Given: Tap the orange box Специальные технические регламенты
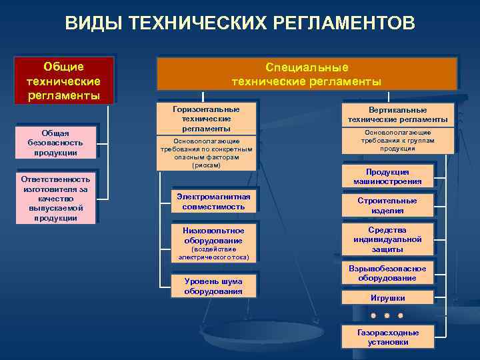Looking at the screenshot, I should click(x=307, y=74).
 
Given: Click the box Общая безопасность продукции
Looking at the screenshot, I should click(x=55, y=143).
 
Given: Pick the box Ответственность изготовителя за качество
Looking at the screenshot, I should click(x=55, y=199).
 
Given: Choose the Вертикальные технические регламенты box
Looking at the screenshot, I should click(x=397, y=114).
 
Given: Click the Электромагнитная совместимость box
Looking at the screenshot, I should click(x=213, y=201).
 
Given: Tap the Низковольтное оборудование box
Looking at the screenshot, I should click(x=213, y=235).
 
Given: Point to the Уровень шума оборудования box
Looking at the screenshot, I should click(x=213, y=285).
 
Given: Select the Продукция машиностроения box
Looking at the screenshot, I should click(x=387, y=177).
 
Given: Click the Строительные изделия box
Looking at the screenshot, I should click(x=387, y=205).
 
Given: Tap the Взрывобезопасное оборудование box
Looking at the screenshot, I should click(x=387, y=273).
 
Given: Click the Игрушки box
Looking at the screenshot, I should click(x=387, y=298).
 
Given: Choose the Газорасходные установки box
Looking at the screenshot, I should click(x=387, y=337).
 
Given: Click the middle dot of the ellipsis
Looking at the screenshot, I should click(x=387, y=315).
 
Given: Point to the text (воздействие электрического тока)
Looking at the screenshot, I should click(x=213, y=253).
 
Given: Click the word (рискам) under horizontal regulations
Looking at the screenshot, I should click(x=206, y=165).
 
